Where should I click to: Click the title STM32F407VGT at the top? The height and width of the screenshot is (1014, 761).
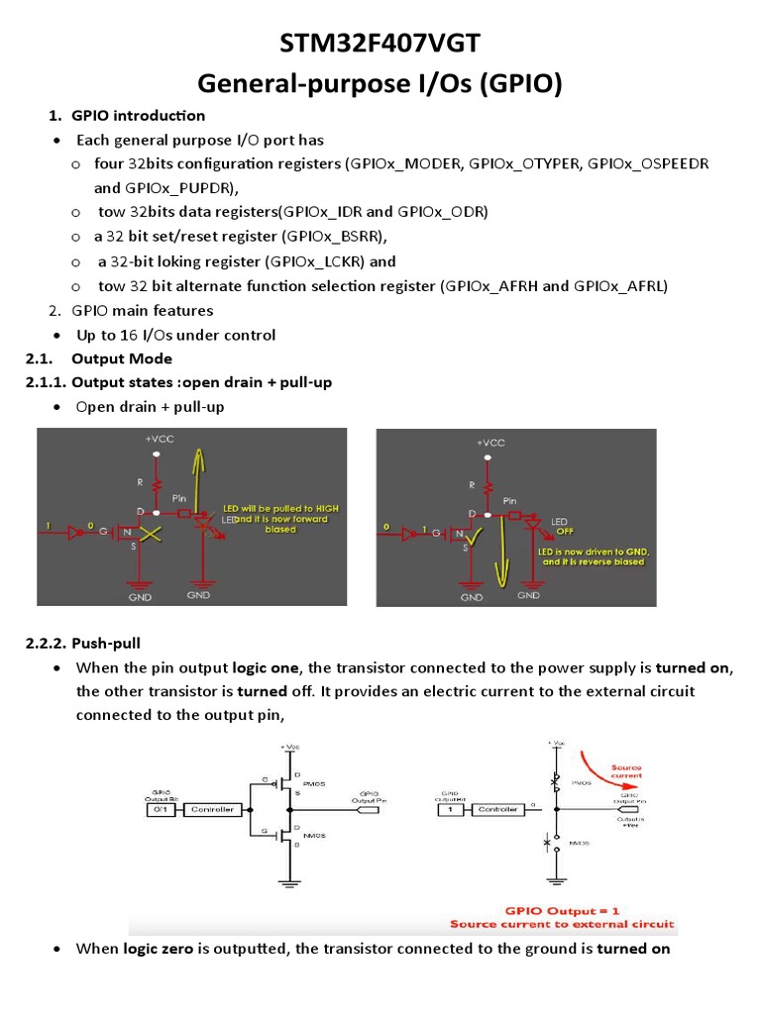coord(380,45)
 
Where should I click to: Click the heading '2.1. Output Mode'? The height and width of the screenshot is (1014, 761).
coord(122,358)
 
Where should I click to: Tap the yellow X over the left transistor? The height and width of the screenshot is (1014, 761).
coord(151,536)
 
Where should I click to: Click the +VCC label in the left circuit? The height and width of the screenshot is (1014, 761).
coord(158,438)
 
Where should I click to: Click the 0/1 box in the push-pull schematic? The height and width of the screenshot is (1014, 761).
coord(158,809)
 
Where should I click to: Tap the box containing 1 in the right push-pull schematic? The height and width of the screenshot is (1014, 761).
coord(451,809)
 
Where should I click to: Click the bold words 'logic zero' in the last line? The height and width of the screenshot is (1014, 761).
coord(159,949)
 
